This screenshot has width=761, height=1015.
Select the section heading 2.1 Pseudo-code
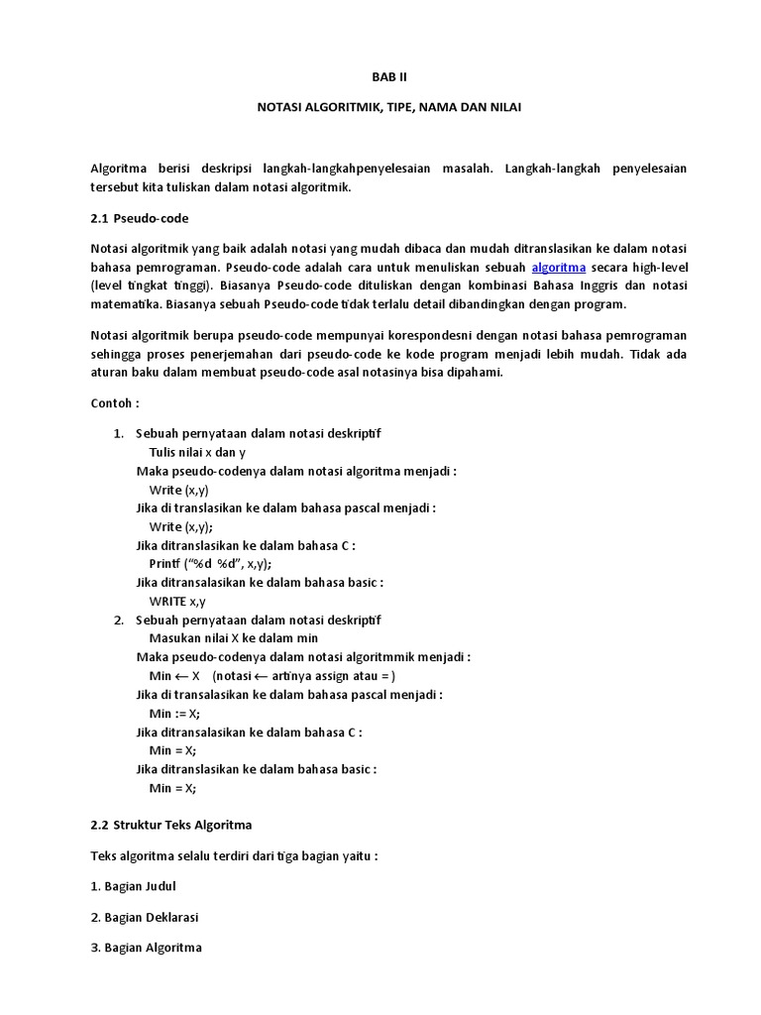click(139, 218)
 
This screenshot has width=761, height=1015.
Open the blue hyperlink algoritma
click(559, 268)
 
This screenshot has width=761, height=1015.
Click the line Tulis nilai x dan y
click(197, 452)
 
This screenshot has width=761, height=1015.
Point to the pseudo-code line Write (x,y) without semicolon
click(178, 490)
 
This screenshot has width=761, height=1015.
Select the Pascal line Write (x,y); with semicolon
click(180, 526)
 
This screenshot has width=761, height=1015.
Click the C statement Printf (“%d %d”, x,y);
click(210, 563)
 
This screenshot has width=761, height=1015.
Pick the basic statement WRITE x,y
click(177, 601)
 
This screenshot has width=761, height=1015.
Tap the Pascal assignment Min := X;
click(174, 714)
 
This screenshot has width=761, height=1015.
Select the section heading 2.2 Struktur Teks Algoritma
click(171, 825)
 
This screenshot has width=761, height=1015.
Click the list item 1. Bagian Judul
click(133, 886)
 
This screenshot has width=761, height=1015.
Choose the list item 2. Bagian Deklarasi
click(145, 917)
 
